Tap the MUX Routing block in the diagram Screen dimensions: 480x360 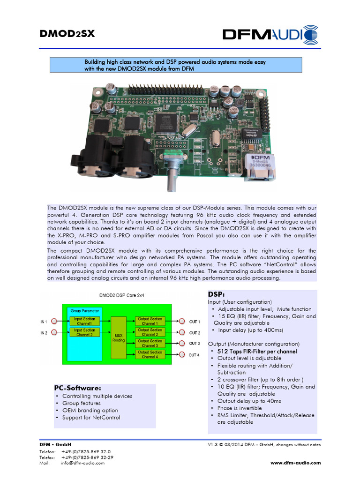(119, 337)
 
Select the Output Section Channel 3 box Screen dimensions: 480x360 (150, 343)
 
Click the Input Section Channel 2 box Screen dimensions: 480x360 (84, 332)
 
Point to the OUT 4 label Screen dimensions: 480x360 (194, 355)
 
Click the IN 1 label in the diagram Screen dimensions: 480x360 (44, 322)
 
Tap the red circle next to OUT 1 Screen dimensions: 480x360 (181, 322)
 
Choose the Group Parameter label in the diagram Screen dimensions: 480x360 (84, 311)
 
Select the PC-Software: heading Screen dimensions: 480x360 (78, 388)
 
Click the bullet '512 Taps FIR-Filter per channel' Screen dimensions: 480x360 (257, 351)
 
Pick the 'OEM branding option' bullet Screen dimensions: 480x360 (90, 410)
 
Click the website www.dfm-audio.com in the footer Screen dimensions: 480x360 (296, 463)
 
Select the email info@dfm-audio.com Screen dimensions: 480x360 (82, 463)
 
